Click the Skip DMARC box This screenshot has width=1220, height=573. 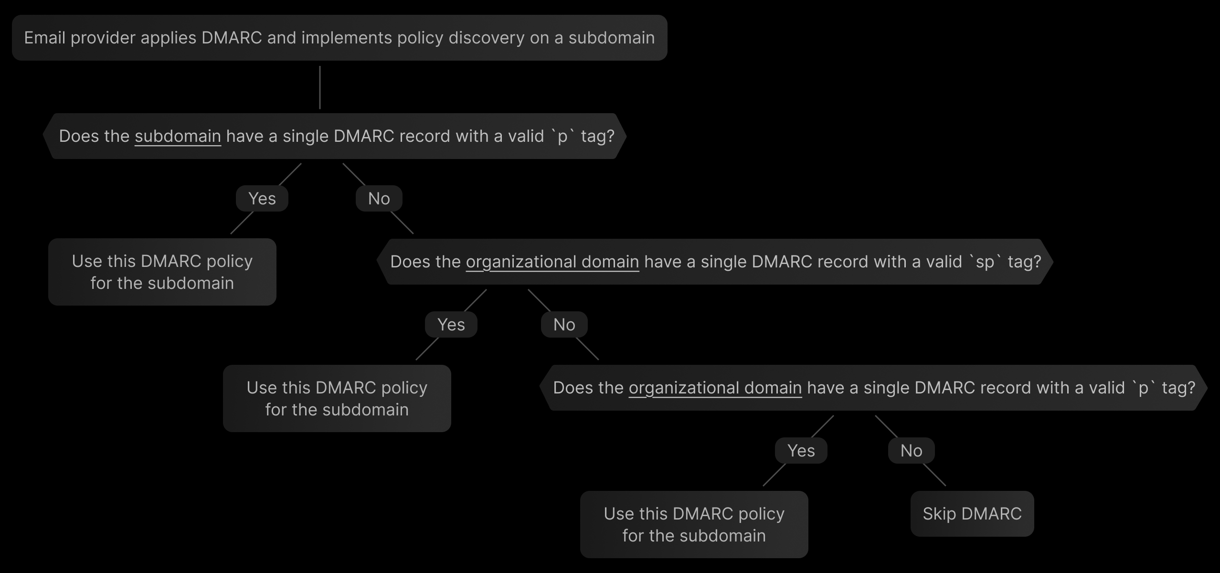coord(972,514)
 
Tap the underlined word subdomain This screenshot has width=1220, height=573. coord(178,137)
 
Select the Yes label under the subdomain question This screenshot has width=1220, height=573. coord(262,199)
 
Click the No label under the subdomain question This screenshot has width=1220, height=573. coord(379,199)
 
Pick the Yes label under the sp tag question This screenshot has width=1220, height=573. coord(451,325)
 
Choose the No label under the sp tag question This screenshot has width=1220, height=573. coord(564,325)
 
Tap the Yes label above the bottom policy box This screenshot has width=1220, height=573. coord(801,451)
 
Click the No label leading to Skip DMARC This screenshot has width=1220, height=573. coord(911,451)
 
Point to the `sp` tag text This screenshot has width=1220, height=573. coord(985,262)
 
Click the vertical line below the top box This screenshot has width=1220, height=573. coord(320,87)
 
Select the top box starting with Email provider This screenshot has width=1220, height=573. coord(339,38)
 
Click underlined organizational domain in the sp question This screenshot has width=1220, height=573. coord(552,262)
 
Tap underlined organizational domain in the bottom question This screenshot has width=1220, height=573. coord(715,388)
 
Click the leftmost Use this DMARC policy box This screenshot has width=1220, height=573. coord(162,272)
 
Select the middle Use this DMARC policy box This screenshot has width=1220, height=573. coord(337,399)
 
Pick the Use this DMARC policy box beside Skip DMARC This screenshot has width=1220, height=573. coord(694,525)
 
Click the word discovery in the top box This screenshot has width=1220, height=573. coord(487,38)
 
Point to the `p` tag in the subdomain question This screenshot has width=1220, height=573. coord(562,137)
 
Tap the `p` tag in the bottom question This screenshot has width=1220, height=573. coord(1143,388)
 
